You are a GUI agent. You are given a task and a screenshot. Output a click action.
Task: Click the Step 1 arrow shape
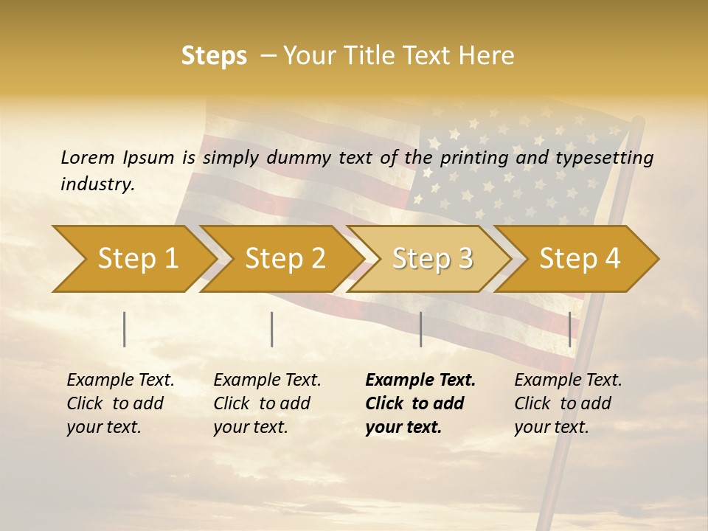point(138,259)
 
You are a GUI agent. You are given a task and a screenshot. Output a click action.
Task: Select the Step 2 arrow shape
point(285,259)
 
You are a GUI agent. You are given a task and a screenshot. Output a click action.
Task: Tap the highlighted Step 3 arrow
point(432,259)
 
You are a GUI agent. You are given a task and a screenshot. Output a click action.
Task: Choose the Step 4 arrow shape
point(580,259)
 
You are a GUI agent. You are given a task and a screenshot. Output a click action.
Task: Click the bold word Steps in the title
point(214,56)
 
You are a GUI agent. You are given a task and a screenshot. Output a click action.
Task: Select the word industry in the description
point(97,184)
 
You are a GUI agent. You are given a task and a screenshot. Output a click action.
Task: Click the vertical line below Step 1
point(125,329)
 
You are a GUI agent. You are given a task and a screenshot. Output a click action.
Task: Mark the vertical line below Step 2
point(272,329)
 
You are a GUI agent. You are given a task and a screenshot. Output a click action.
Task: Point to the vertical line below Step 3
point(420,329)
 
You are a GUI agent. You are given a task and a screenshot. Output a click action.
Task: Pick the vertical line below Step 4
point(569,329)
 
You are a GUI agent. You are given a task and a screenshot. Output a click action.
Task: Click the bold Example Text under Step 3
point(420,381)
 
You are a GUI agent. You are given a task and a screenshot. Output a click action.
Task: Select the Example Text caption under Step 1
point(120,381)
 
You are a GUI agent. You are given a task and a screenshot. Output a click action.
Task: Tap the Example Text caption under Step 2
point(267,381)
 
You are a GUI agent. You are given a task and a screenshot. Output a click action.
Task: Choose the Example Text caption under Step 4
point(568,381)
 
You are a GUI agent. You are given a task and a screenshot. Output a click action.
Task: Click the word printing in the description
point(472,157)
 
